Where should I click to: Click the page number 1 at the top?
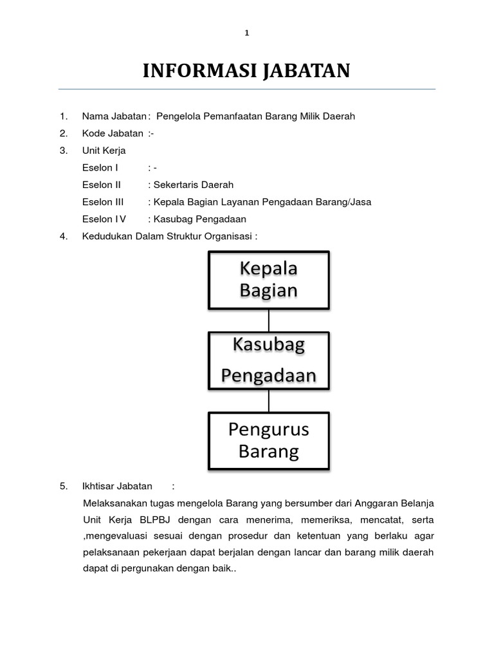(246, 33)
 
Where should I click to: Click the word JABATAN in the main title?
(306, 71)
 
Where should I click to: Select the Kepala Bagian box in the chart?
(269, 279)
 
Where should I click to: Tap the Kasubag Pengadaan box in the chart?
(269, 360)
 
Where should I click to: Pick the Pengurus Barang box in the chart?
(269, 440)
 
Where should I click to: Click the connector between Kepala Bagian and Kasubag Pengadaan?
(269, 320)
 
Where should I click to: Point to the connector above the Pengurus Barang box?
(269, 400)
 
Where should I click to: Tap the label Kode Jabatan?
(113, 133)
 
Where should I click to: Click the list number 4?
(63, 236)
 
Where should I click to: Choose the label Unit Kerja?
(104, 151)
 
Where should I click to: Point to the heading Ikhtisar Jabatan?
(118, 486)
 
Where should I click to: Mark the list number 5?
(63, 486)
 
